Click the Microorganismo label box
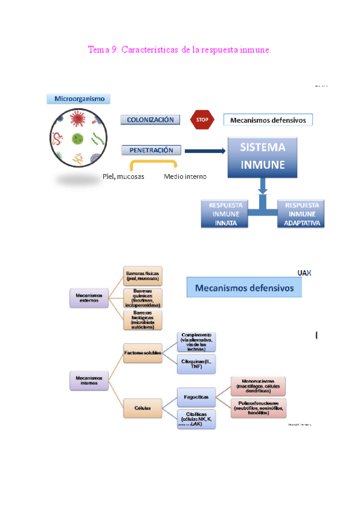[78, 98]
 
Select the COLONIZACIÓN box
[151, 119]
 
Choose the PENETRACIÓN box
[151, 150]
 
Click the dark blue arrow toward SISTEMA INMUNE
[204, 151]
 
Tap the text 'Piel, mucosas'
[123, 176]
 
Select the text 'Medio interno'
[185, 176]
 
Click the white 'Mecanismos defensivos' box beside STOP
[268, 120]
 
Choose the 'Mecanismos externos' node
[89, 297]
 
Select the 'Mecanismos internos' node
[89, 379]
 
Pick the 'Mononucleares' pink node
[258, 385]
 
